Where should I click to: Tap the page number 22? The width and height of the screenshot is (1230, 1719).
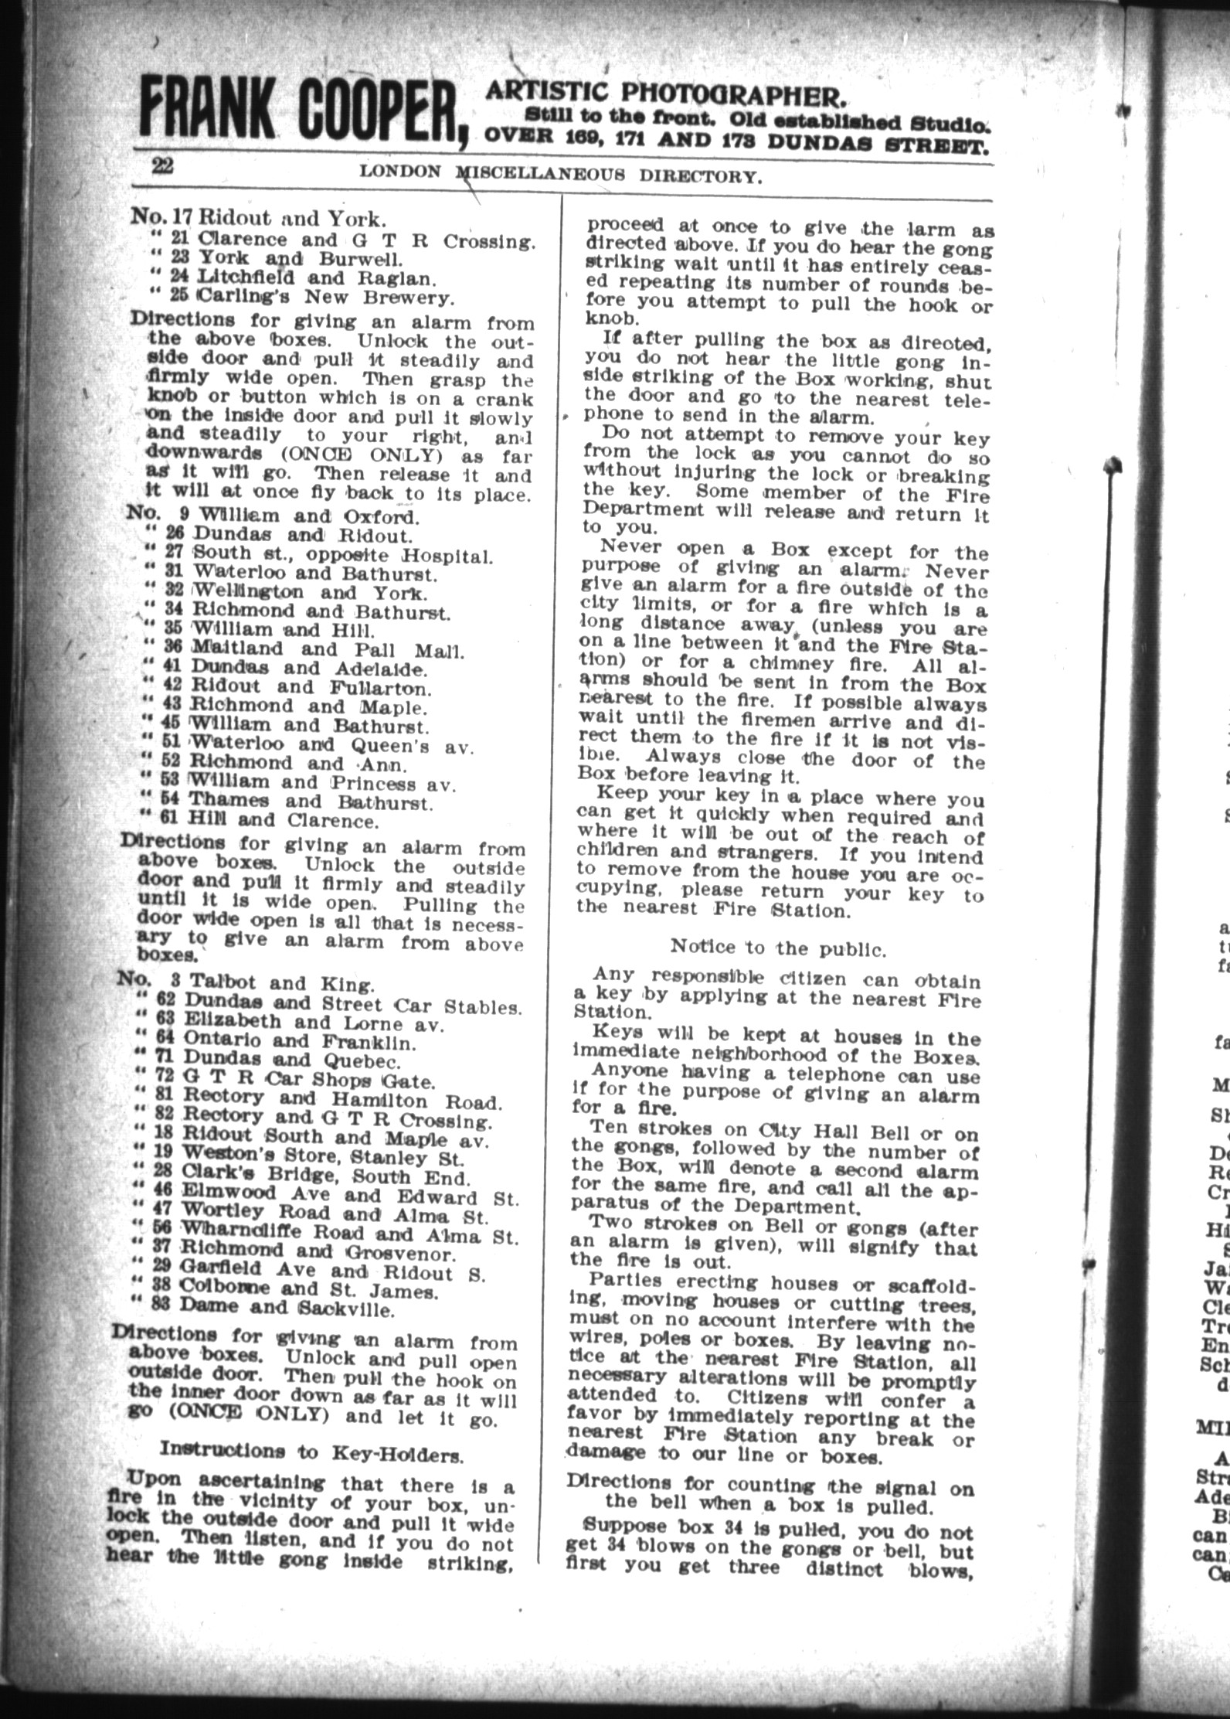(x=163, y=167)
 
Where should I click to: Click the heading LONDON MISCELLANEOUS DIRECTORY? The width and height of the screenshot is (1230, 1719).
(x=561, y=175)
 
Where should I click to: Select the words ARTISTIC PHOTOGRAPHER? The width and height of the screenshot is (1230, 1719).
(x=663, y=95)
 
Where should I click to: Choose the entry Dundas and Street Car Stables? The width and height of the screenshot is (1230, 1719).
(x=352, y=1005)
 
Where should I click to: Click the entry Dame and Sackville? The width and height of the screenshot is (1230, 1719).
(x=287, y=1309)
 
